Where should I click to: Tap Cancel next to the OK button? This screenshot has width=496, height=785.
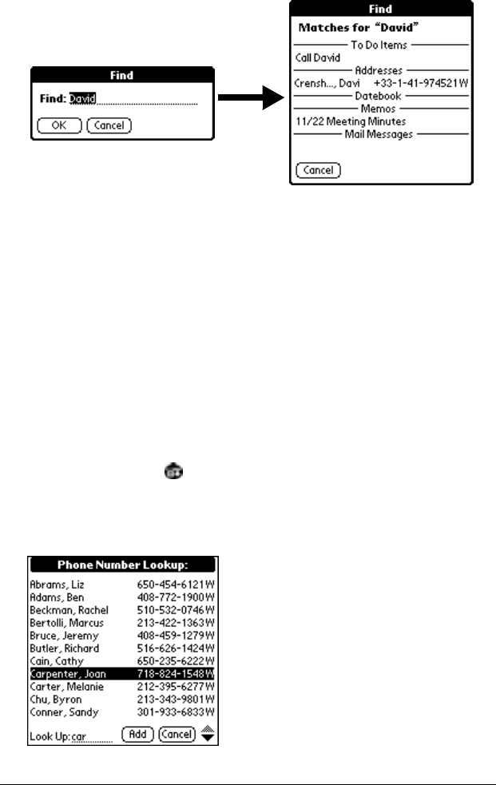tap(109, 125)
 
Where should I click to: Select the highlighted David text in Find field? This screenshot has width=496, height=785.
tap(82, 100)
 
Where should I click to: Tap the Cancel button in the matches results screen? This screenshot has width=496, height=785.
tap(318, 170)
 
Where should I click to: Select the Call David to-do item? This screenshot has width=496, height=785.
tap(317, 57)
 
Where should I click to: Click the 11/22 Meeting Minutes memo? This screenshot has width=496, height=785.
tap(350, 121)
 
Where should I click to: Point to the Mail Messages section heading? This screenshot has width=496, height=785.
tap(379, 134)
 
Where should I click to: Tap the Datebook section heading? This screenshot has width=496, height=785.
tap(379, 96)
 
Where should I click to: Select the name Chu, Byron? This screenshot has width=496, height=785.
tap(54, 700)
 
